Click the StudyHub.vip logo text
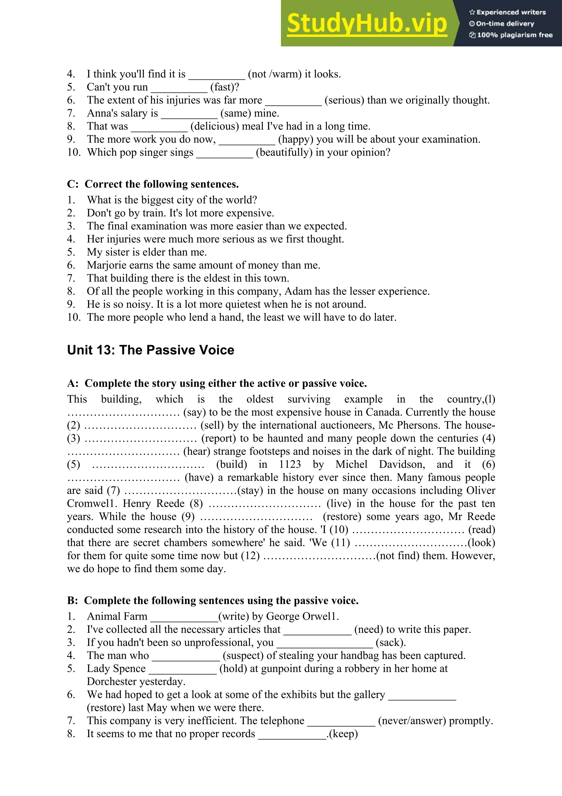point(367,24)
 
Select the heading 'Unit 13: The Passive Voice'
point(151,350)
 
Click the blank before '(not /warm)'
point(217,74)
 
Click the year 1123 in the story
point(290,464)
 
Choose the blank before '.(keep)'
point(292,734)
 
